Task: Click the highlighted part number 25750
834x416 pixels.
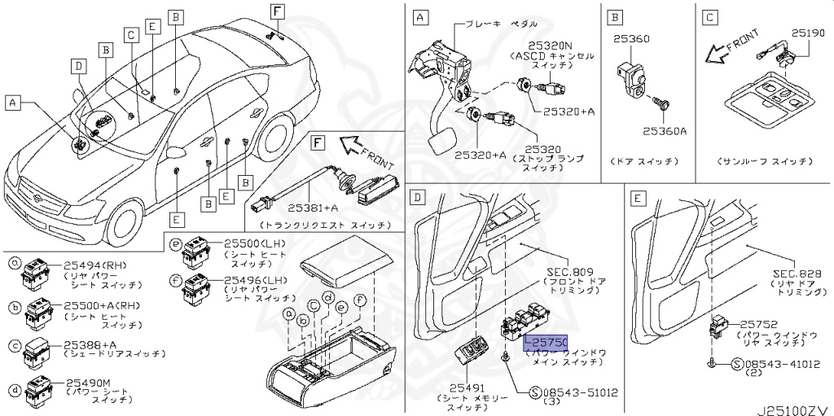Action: pyautogui.click(x=546, y=343)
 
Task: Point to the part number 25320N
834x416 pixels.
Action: pyautogui.click(x=550, y=46)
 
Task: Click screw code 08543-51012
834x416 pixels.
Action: pyautogui.click(x=580, y=392)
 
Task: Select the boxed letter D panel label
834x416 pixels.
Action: pyautogui.click(x=418, y=197)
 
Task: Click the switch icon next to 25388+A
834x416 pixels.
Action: pyautogui.click(x=37, y=349)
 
